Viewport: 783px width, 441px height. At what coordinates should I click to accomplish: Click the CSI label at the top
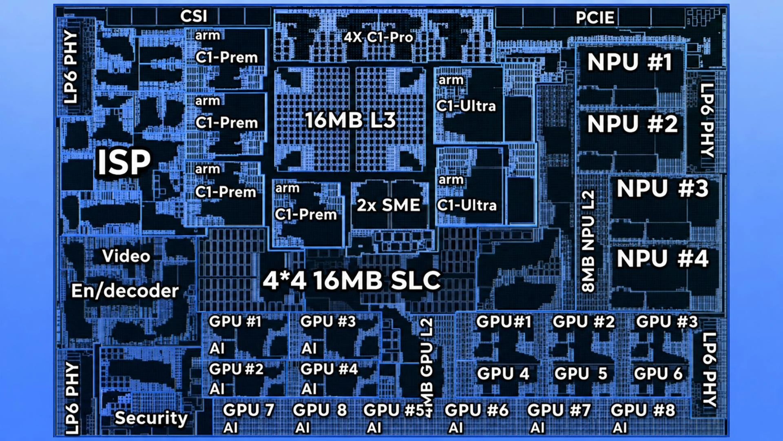click(194, 16)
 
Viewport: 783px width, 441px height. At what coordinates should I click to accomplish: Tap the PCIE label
click(595, 18)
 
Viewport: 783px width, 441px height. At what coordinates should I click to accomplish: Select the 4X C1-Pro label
click(378, 37)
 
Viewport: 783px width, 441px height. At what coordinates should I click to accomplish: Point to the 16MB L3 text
click(351, 120)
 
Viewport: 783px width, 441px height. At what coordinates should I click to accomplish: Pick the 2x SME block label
click(388, 205)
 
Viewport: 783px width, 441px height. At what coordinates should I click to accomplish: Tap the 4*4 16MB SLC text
click(352, 281)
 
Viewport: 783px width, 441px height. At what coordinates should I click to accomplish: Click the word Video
click(126, 256)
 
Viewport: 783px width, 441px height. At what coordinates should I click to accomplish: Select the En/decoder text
click(125, 291)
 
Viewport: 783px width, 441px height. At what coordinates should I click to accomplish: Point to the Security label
click(151, 418)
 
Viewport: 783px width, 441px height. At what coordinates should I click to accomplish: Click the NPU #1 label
click(630, 62)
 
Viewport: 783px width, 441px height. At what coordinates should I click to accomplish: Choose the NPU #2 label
click(633, 124)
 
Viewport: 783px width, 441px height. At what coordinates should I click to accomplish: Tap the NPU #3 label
click(663, 188)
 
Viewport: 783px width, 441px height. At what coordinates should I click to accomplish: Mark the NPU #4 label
click(663, 258)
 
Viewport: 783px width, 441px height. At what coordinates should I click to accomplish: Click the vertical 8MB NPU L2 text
click(588, 241)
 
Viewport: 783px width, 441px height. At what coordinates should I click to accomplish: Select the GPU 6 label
click(658, 374)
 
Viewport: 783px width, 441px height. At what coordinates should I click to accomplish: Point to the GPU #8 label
click(643, 410)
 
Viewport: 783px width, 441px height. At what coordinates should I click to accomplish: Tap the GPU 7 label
click(248, 410)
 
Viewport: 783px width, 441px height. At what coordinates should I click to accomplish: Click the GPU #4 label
click(329, 369)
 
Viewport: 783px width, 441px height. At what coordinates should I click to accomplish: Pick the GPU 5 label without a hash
click(581, 374)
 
